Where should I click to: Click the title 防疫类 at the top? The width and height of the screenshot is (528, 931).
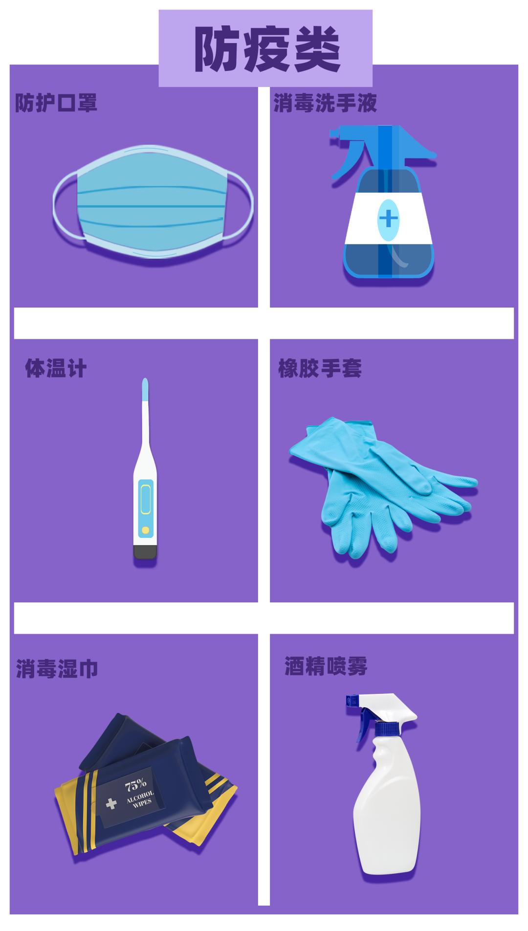tap(265, 49)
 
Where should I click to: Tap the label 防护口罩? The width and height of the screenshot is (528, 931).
tap(56, 103)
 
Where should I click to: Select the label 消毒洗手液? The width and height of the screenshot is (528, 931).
tap(325, 103)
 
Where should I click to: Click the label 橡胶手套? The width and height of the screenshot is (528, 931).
tap(320, 368)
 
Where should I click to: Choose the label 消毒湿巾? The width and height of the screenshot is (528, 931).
tap(57, 668)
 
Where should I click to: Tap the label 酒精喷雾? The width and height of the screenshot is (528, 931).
tap(326, 666)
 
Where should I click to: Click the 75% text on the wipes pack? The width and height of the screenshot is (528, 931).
tap(135, 786)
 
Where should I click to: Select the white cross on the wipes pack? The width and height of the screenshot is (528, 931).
tap(111, 803)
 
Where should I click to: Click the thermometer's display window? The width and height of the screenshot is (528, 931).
tap(145, 497)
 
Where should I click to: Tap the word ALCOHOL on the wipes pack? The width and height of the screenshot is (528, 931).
tap(140, 798)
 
